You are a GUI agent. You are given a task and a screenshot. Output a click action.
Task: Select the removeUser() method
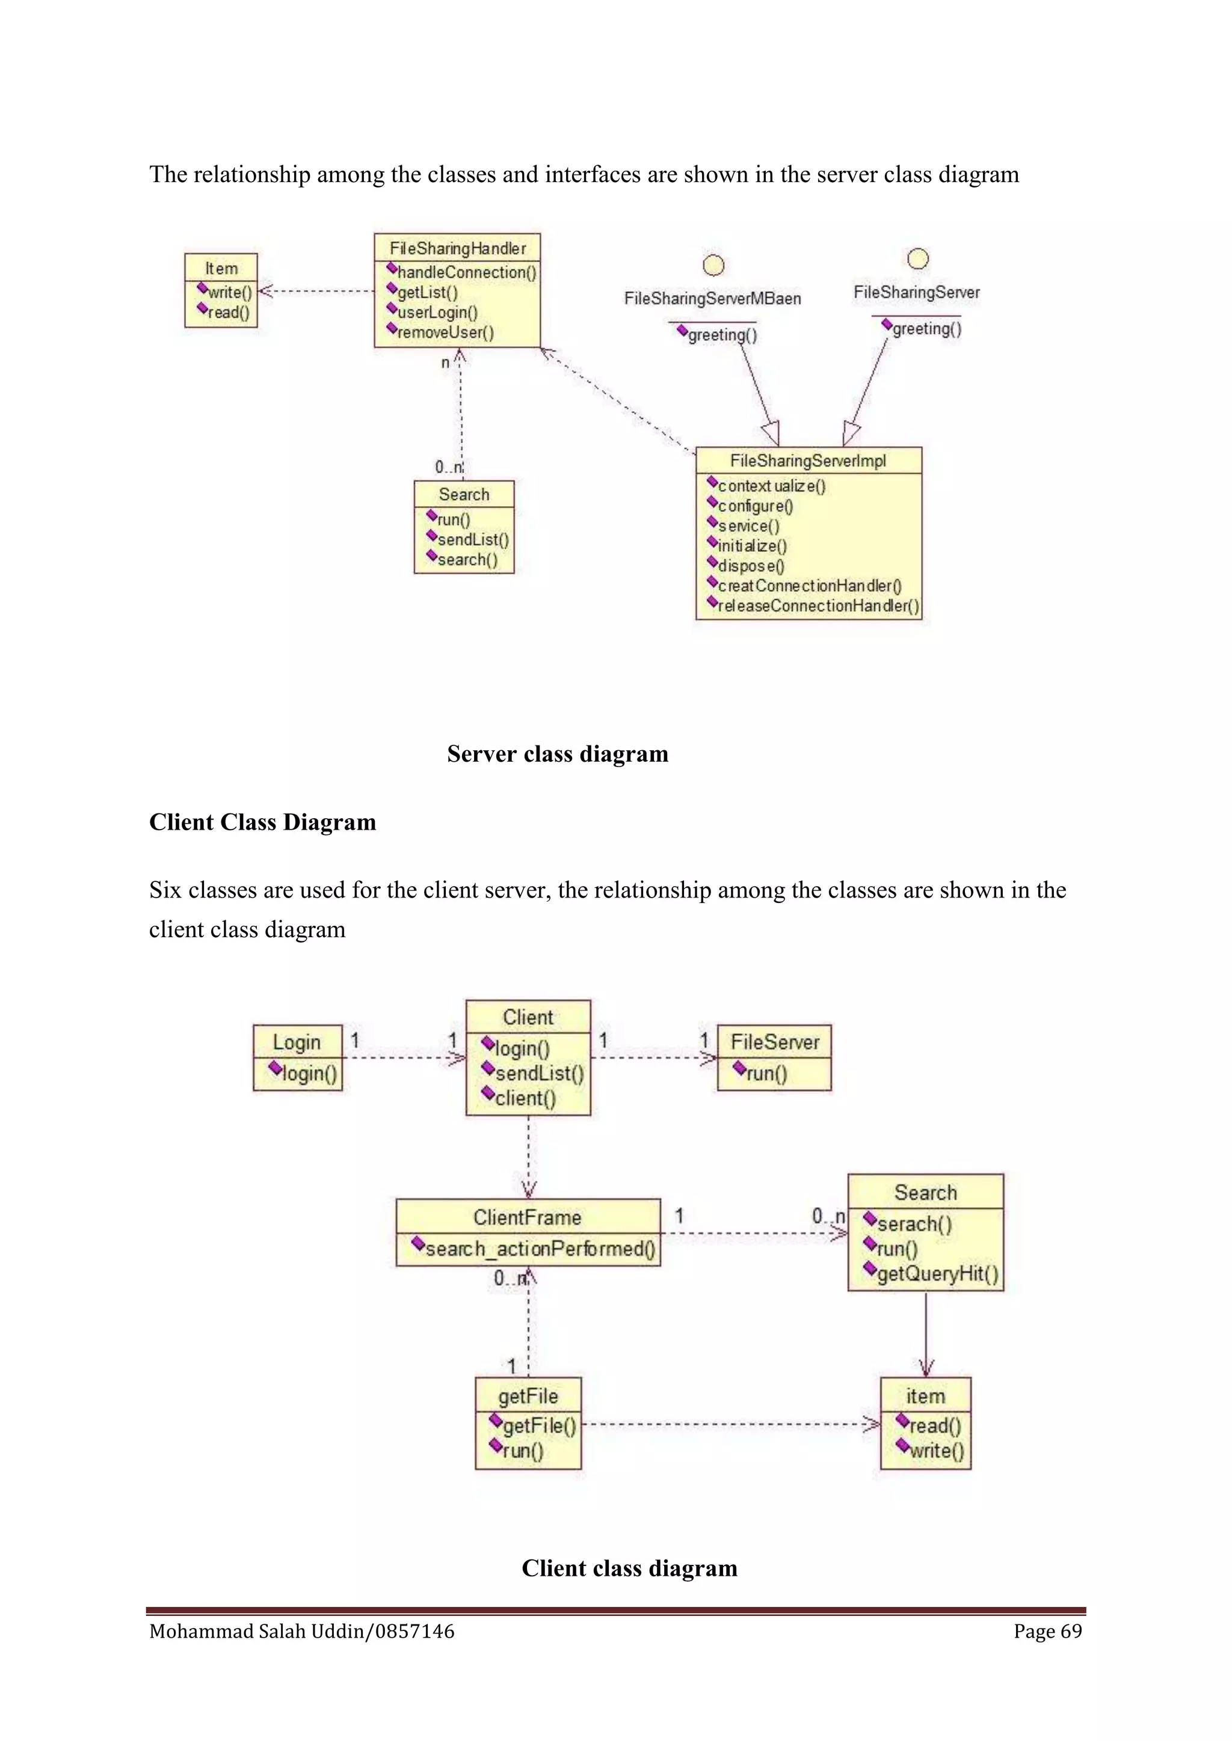(x=445, y=332)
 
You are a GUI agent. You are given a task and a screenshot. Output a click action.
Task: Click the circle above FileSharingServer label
(x=918, y=259)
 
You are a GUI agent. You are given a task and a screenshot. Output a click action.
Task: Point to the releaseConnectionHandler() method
(x=817, y=606)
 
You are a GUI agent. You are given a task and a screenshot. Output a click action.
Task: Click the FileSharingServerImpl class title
(x=808, y=461)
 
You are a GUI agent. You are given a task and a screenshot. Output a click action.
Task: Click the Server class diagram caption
(x=558, y=754)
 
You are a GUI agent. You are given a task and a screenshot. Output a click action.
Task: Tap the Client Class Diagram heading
(x=262, y=822)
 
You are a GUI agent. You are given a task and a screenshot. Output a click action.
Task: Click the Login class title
(x=297, y=1042)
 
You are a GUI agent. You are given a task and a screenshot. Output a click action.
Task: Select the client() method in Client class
(x=525, y=1098)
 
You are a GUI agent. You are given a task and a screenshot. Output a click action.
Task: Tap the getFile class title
(x=528, y=1396)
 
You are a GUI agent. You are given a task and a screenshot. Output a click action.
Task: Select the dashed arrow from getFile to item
(x=728, y=1424)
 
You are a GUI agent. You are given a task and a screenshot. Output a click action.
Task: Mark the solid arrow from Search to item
(x=926, y=1335)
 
